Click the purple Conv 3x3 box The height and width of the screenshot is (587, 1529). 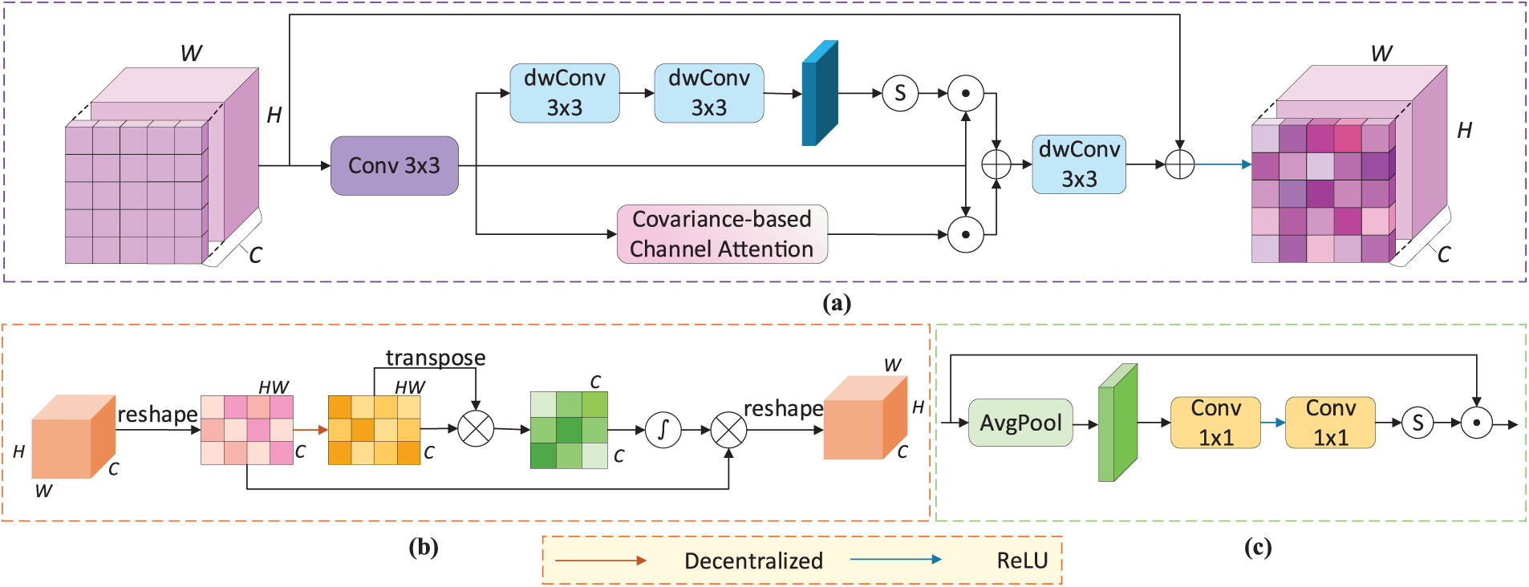tap(394, 166)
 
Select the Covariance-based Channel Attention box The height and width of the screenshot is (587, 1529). tap(721, 234)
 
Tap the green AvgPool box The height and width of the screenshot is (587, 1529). tap(1020, 423)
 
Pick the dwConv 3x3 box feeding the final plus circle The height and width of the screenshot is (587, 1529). tap(1078, 164)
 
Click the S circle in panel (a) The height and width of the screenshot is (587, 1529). tap(900, 94)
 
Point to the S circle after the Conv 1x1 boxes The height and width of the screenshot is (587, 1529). tap(1417, 423)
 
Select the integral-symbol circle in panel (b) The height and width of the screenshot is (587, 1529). tap(663, 430)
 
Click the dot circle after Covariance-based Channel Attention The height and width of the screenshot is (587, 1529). tap(966, 235)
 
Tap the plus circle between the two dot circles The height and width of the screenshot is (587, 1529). tap(996, 164)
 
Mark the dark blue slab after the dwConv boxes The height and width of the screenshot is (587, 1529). tap(820, 94)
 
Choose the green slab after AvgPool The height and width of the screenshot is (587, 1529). tap(1117, 423)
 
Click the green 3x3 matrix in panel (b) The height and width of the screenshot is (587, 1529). tap(569, 430)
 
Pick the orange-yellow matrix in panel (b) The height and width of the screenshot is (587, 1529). tap(374, 430)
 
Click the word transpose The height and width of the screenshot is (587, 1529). tap(436, 358)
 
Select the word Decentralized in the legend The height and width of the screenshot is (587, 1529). tap(753, 561)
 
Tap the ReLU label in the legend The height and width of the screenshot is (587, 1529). tap(1022, 561)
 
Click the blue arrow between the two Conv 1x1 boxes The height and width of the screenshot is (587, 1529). tap(1272, 423)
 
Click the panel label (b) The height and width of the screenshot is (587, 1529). tap(424, 547)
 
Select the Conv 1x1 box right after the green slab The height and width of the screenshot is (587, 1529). tap(1215, 423)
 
